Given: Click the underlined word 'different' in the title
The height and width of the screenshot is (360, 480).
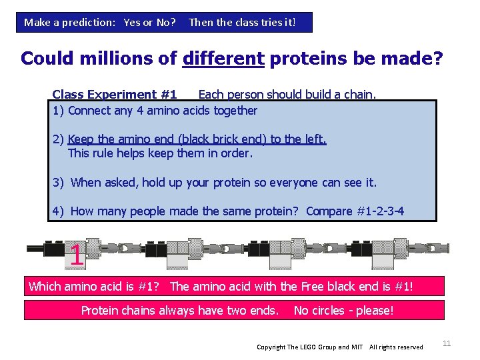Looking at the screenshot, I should click(223, 59).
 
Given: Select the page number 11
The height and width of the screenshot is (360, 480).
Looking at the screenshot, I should click(447, 343).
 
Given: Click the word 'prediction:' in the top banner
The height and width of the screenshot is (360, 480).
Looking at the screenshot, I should click(88, 22).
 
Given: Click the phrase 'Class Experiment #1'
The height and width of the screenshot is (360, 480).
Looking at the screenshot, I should click(114, 95).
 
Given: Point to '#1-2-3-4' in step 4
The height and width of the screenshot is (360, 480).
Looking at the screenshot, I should click(380, 211).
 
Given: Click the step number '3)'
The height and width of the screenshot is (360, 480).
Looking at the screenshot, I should click(59, 182).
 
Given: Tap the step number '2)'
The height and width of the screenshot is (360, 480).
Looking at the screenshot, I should click(59, 139).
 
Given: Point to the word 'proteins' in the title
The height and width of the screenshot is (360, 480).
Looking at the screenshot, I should click(311, 59).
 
